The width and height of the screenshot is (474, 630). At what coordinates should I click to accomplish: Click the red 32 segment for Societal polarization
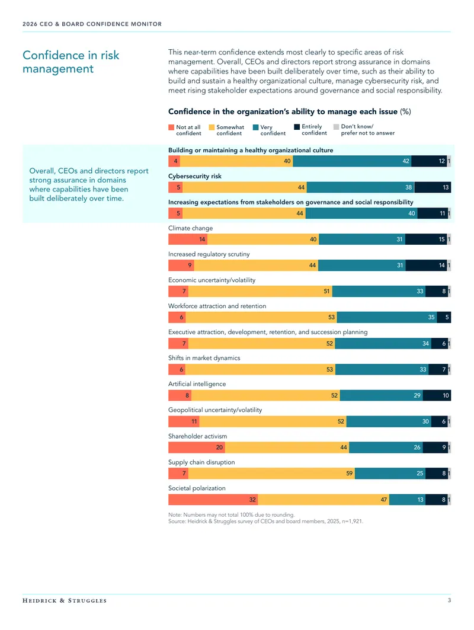[213, 500]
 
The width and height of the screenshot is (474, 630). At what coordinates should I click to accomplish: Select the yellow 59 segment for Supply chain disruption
[271, 474]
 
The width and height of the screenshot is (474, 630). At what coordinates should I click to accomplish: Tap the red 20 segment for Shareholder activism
[197, 447]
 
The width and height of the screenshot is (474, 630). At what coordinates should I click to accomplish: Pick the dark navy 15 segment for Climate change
[426, 239]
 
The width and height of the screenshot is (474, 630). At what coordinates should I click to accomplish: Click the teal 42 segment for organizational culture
[353, 161]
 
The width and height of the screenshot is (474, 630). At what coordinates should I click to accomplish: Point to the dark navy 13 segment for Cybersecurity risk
[433, 187]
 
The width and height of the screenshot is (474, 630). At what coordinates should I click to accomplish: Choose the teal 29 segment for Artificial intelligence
[382, 395]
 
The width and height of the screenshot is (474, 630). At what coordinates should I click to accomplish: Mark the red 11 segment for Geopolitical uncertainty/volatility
[184, 421]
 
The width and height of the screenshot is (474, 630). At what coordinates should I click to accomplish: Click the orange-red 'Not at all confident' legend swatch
[171, 127]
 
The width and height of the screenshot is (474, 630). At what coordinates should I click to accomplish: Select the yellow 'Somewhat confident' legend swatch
[212, 127]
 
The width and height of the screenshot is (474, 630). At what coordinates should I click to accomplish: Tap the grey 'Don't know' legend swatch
[336, 127]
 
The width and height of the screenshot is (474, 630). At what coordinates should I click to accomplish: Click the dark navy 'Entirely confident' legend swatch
[297, 127]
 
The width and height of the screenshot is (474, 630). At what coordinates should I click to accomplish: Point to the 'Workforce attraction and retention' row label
[217, 306]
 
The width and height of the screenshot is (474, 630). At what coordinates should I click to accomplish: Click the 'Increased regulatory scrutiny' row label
[209, 254]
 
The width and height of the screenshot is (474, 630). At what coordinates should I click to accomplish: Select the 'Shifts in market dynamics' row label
[204, 358]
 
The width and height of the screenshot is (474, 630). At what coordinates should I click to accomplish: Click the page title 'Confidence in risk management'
[71, 62]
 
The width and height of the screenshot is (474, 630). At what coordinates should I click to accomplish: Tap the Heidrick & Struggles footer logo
[65, 601]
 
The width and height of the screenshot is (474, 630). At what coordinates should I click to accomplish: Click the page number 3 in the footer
[450, 600]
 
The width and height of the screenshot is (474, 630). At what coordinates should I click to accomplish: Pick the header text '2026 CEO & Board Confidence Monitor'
[92, 24]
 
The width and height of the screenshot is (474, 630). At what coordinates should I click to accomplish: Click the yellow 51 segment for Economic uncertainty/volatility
[260, 292]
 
